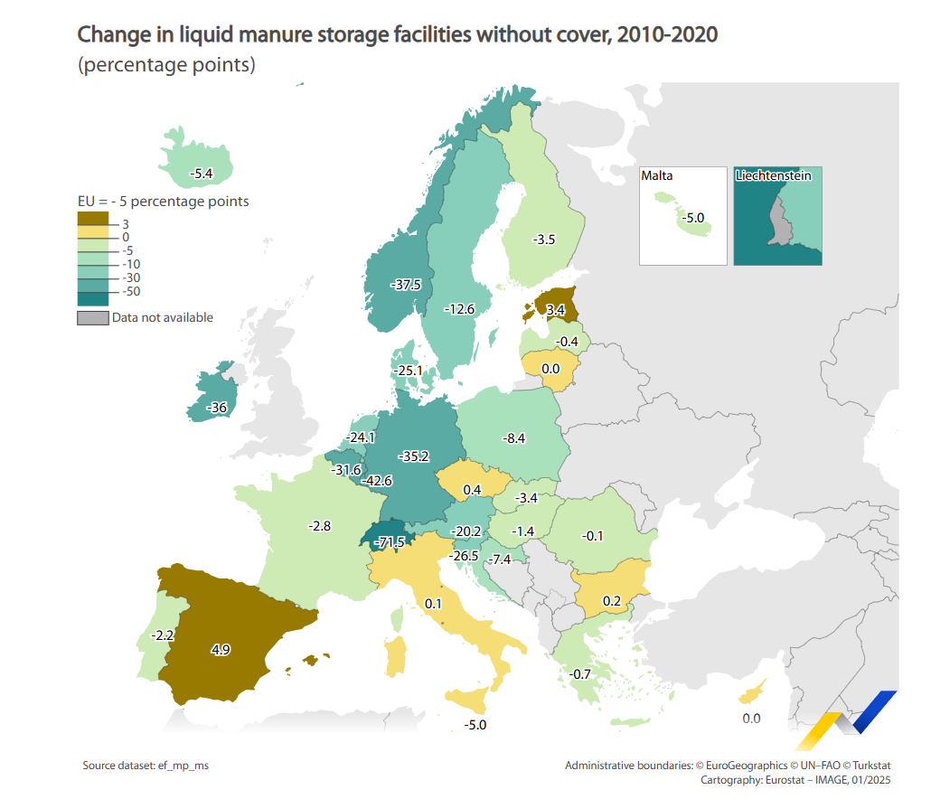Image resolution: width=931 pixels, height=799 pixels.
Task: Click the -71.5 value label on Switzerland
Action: click(x=390, y=542)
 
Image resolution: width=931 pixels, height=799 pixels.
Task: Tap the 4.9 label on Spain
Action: click(x=221, y=649)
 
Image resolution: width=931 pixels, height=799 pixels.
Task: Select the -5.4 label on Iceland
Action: click(x=201, y=174)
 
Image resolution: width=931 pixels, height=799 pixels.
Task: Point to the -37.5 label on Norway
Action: click(x=406, y=285)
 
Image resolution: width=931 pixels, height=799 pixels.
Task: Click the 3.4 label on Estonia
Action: click(x=556, y=310)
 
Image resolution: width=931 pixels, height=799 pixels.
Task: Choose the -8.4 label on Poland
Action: click(x=514, y=438)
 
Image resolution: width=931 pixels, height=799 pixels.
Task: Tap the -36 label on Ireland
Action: click(x=217, y=408)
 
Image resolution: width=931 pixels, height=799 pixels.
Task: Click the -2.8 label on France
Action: click(x=319, y=526)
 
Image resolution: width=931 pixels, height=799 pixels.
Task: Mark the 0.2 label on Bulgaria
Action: click(x=612, y=601)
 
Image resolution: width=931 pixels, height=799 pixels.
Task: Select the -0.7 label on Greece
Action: click(x=580, y=674)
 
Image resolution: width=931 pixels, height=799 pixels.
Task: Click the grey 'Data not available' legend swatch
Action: click(x=92, y=318)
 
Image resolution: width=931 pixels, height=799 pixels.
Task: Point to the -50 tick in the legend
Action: click(x=131, y=291)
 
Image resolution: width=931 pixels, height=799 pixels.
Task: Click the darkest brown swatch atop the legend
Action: click(x=92, y=219)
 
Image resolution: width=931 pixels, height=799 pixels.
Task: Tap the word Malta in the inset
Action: click(x=657, y=175)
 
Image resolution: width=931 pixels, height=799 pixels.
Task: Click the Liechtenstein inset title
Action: click(x=773, y=175)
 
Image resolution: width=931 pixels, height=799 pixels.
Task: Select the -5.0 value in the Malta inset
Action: click(x=693, y=218)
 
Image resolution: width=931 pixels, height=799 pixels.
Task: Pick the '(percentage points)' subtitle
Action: click(x=166, y=65)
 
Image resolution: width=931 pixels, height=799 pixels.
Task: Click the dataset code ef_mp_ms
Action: click(x=183, y=766)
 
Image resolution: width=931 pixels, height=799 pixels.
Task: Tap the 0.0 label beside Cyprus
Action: click(x=751, y=719)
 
